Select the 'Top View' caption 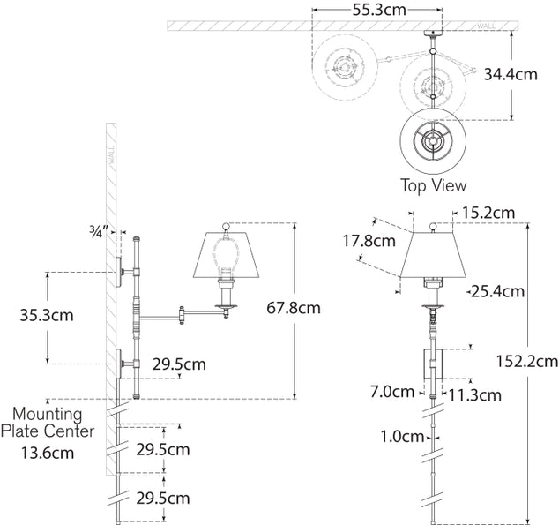[x=433, y=186]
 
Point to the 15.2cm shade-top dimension [x=488, y=213]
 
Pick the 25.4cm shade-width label [x=498, y=290]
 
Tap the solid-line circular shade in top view [x=432, y=141]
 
